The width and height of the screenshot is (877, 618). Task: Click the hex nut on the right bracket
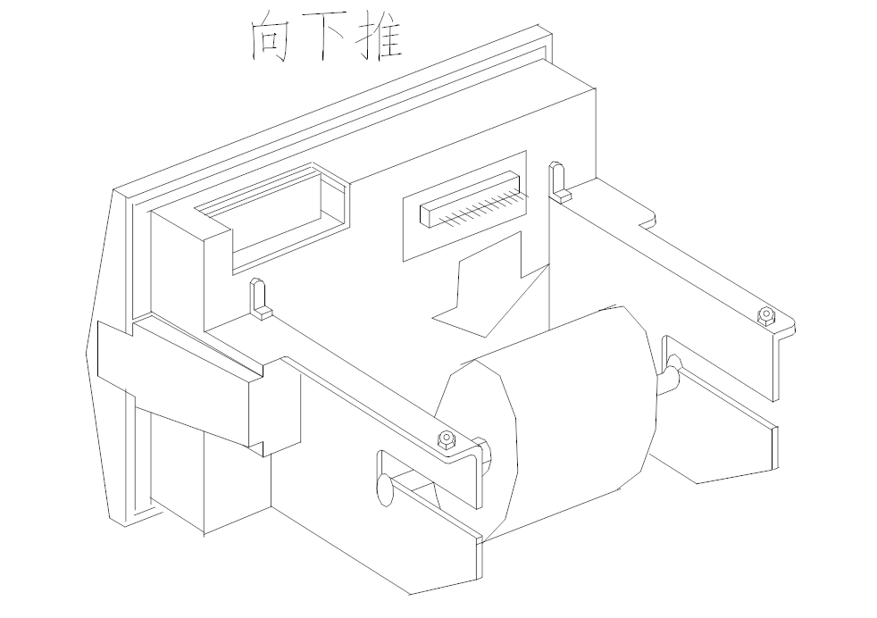[x=764, y=314]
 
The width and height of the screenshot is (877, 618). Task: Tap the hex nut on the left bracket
[x=445, y=439]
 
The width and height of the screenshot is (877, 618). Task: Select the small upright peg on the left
[x=257, y=299]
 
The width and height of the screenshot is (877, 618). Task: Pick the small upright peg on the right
[x=558, y=180]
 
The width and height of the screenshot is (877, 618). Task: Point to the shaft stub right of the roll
[x=670, y=375]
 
